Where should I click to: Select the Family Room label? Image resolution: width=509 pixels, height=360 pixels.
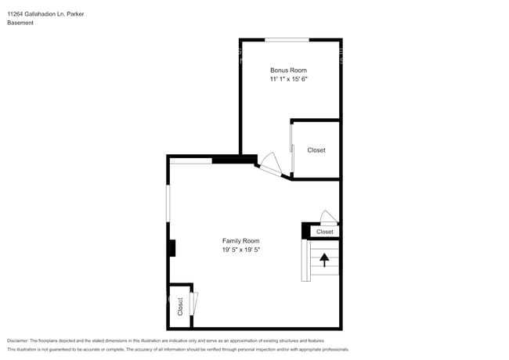pos(240,241)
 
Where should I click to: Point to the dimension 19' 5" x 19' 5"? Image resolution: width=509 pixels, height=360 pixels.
pos(240,250)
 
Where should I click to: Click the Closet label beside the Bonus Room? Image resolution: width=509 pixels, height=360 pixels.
pos(316,149)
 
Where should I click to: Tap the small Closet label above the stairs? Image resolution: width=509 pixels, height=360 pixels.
pos(325,232)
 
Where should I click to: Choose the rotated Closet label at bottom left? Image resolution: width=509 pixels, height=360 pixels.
pos(179,305)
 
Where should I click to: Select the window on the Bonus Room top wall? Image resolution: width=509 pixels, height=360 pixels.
pos(287,39)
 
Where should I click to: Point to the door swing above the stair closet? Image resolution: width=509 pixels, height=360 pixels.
pos(328,218)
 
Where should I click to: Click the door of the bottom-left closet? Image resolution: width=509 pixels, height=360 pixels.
pos(193,304)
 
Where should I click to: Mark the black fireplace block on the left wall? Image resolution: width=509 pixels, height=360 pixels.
pos(171,248)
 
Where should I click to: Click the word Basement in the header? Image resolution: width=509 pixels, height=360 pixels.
pos(20,23)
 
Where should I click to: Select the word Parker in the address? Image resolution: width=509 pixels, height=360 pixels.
pos(75,13)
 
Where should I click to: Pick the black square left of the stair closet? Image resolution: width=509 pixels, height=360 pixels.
pos(306,231)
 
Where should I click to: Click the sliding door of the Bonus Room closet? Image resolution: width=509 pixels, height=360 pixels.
pos(292,148)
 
